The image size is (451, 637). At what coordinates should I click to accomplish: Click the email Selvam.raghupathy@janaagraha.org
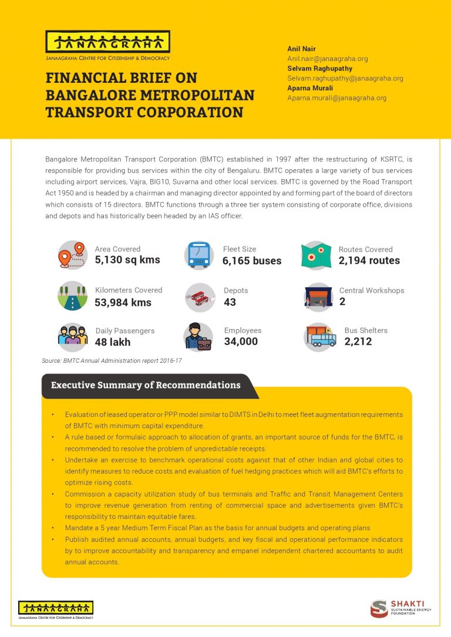(345, 78)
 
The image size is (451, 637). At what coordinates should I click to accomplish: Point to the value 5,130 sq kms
(127, 260)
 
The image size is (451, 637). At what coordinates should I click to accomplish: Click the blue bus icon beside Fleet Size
(198, 255)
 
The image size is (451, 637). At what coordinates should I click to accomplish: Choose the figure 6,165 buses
(252, 261)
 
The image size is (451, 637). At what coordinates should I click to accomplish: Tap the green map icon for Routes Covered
(316, 255)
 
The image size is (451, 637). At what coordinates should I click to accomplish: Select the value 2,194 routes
(369, 260)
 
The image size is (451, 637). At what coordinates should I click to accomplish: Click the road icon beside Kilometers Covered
(73, 296)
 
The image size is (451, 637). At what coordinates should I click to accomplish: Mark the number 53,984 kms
(123, 302)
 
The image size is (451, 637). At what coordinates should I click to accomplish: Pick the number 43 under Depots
(230, 302)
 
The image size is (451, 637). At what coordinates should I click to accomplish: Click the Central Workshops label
(371, 291)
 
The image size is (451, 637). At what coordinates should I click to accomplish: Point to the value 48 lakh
(113, 342)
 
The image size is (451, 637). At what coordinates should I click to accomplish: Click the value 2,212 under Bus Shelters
(358, 342)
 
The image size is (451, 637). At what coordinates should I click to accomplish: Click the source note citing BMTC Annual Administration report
(112, 360)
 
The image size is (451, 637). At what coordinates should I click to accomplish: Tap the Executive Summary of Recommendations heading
(146, 385)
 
